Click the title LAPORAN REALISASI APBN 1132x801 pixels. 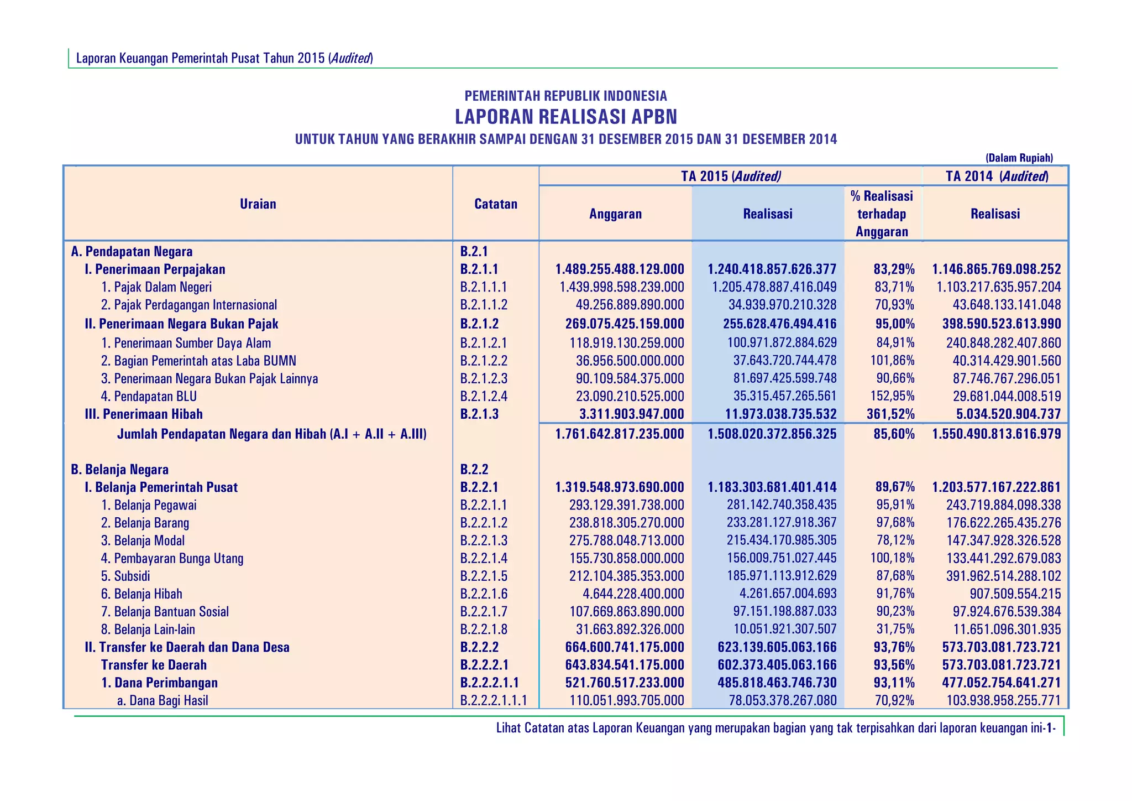click(565, 117)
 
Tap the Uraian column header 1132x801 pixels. click(258, 204)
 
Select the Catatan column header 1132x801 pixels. click(496, 204)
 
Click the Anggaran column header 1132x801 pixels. click(615, 214)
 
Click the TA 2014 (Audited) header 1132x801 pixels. click(996, 176)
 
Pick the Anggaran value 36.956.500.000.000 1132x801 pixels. click(630, 361)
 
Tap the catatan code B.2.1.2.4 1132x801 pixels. click(484, 397)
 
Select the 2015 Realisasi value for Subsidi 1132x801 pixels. click(782, 576)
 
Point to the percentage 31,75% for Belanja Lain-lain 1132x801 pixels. click(895, 630)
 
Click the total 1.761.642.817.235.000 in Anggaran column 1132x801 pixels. click(620, 434)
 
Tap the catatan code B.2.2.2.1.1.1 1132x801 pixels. click(493, 701)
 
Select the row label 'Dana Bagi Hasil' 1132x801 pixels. click(163, 701)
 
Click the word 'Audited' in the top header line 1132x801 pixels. click(350, 59)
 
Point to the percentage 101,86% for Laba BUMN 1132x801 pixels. click(890, 361)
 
